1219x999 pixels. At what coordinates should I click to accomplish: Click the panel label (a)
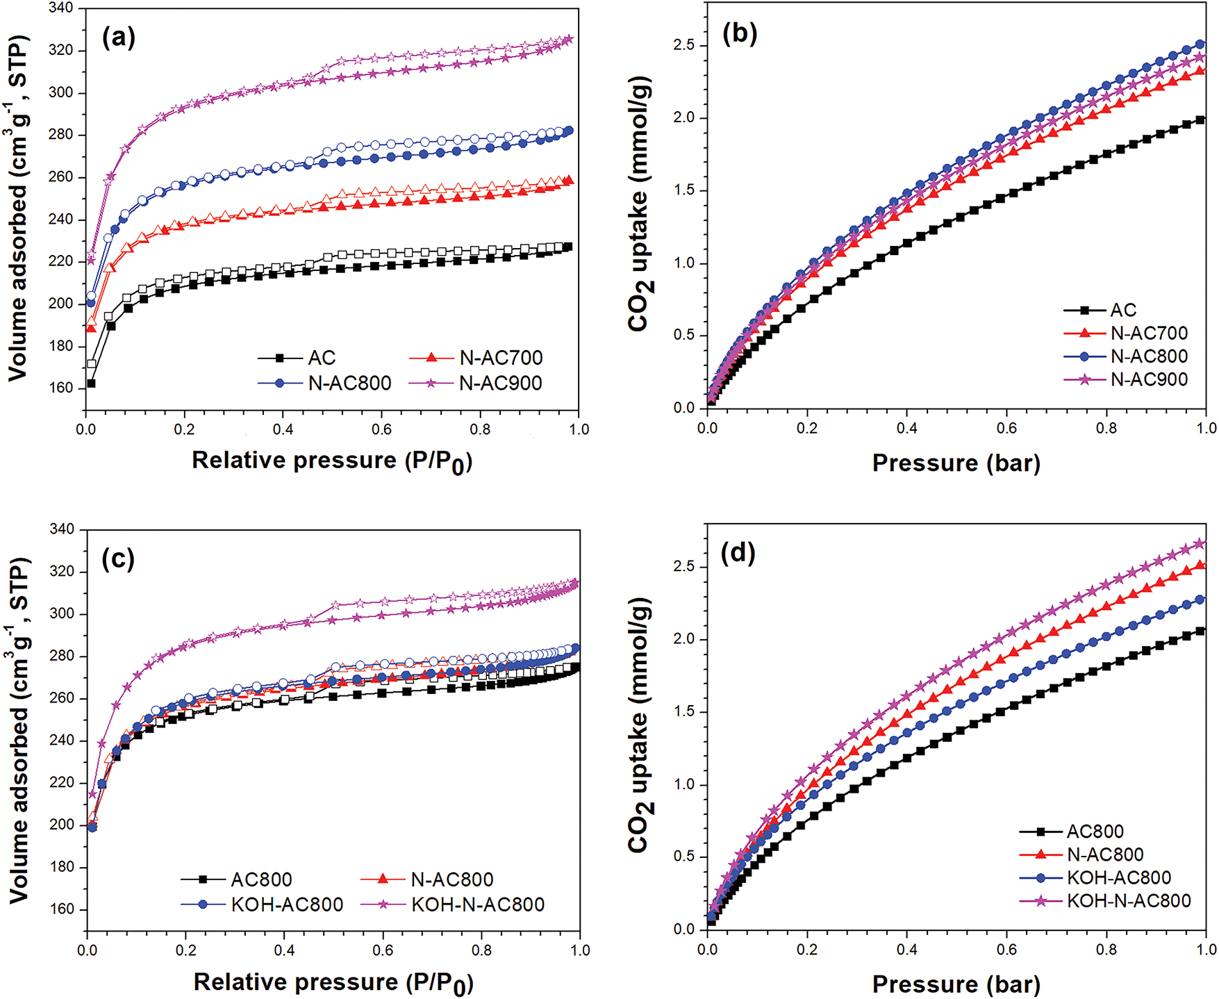(118, 38)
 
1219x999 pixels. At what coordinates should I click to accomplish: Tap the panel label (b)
(739, 33)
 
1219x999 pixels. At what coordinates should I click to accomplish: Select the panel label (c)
(118, 559)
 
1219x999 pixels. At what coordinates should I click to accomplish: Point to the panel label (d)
(739, 553)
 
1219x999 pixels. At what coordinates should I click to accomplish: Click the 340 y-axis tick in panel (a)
(61, 8)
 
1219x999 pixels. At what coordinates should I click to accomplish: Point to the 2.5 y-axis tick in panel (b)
(684, 45)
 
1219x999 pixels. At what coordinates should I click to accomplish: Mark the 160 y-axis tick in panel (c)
(61, 909)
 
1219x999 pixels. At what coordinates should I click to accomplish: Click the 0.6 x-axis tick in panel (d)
(1006, 949)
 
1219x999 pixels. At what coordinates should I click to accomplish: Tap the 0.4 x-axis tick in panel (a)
(283, 429)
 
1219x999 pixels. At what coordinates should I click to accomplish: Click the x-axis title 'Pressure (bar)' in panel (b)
(956, 463)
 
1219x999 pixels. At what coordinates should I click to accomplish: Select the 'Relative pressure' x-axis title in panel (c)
(333, 982)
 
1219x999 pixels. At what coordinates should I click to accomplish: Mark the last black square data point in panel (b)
(1200, 120)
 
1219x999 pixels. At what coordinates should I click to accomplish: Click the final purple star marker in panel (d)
(1200, 543)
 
